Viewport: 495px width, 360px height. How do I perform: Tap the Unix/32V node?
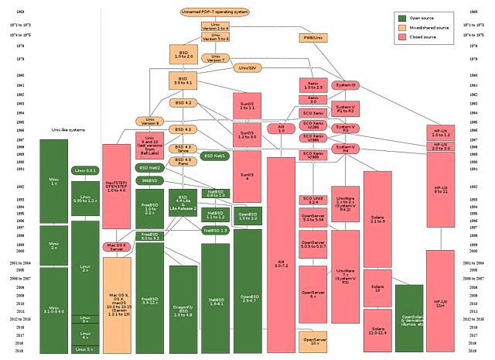(247, 68)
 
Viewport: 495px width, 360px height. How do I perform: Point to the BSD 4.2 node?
(183, 102)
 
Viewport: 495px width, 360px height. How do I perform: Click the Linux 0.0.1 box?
(85, 170)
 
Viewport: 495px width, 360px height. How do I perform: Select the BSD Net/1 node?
(215, 156)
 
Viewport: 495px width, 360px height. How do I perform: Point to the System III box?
(344, 84)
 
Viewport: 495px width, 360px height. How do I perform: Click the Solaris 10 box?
(377, 286)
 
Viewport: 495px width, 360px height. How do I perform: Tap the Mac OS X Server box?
(117, 247)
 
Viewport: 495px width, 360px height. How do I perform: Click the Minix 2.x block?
(54, 245)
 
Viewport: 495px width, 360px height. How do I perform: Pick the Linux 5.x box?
(85, 349)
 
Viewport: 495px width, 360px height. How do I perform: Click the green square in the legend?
(401, 18)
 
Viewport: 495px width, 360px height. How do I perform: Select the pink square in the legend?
(401, 36)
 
